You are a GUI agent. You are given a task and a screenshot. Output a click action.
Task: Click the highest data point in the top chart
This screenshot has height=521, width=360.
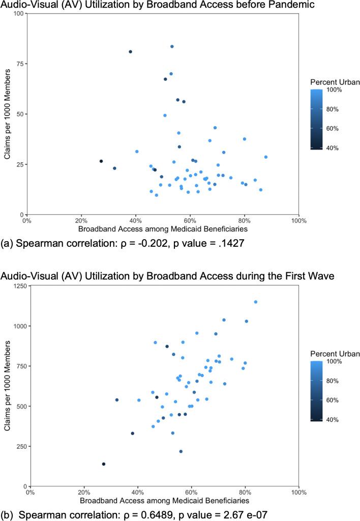pos(172,46)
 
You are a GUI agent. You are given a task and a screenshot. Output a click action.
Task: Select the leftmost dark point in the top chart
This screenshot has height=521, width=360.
pos(101,161)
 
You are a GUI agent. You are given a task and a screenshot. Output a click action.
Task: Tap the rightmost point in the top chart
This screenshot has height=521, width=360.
pos(266,157)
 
